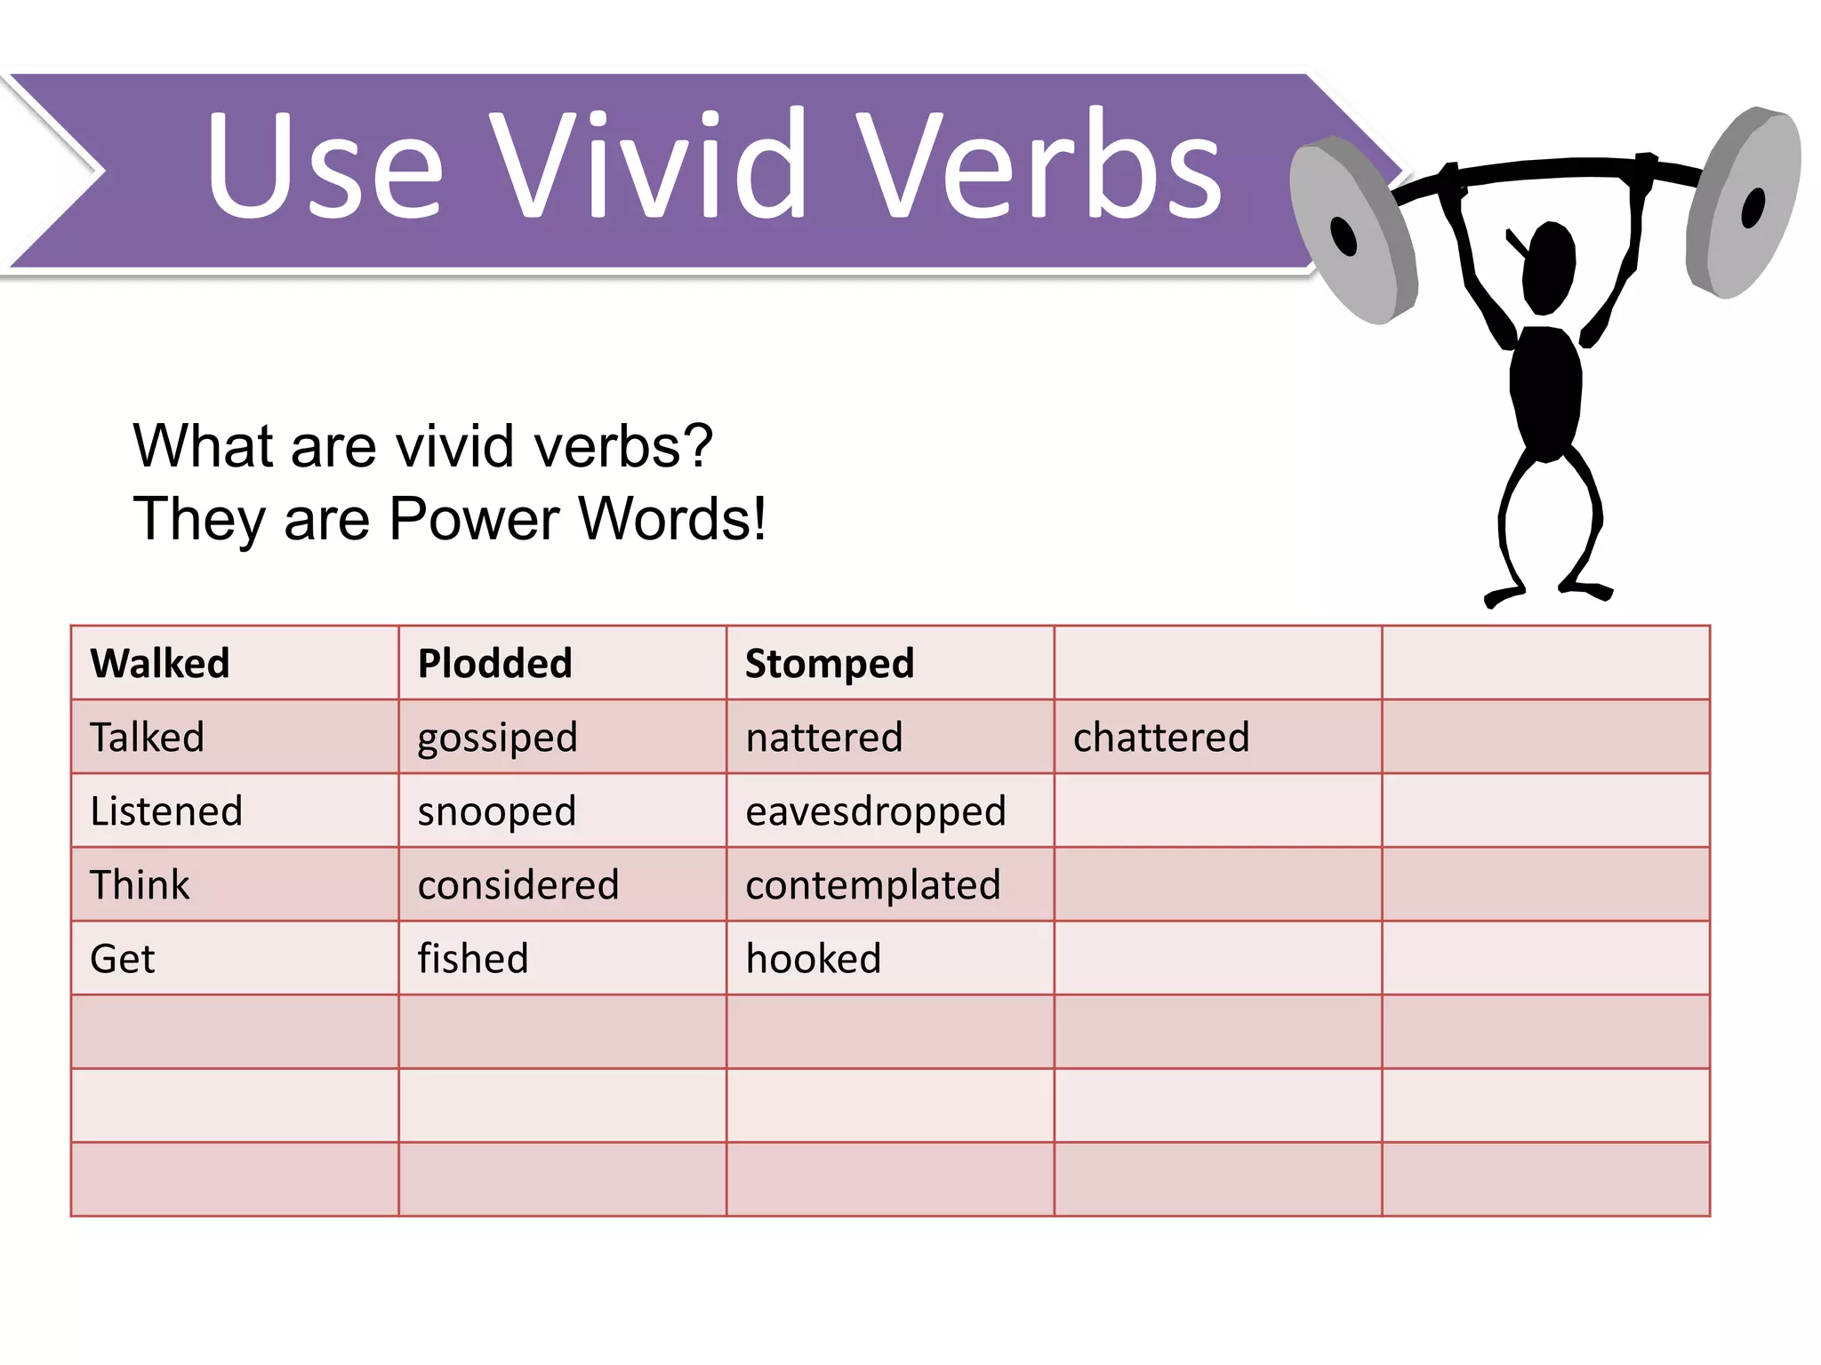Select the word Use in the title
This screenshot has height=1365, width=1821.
point(325,164)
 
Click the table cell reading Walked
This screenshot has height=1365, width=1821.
point(160,663)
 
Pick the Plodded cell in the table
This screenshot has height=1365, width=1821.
point(494,663)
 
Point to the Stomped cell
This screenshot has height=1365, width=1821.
point(829,663)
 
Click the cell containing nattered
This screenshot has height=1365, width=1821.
point(823,737)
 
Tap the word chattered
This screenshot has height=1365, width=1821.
point(1160,737)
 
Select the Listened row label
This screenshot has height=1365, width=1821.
point(166,810)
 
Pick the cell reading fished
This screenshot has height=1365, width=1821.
point(473,958)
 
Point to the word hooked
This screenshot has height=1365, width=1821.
point(813,958)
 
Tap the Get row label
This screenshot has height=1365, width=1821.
point(123,958)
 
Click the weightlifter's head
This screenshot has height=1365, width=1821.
point(1549,267)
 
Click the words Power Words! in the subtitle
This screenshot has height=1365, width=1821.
point(577,519)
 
